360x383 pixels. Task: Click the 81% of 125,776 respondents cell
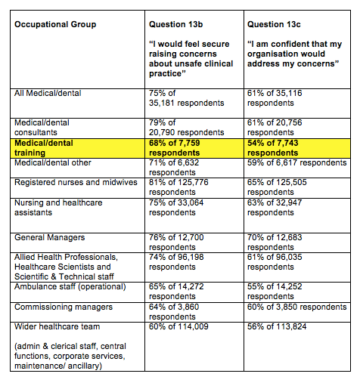188,187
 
